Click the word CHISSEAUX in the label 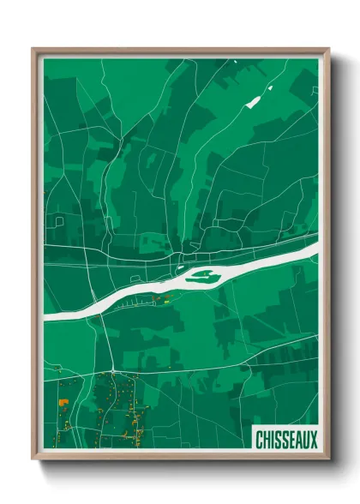click(287, 440)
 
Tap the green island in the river click(202, 276)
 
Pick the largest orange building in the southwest click(63, 401)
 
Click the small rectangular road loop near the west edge click(59, 220)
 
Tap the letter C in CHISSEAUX click(260, 440)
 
